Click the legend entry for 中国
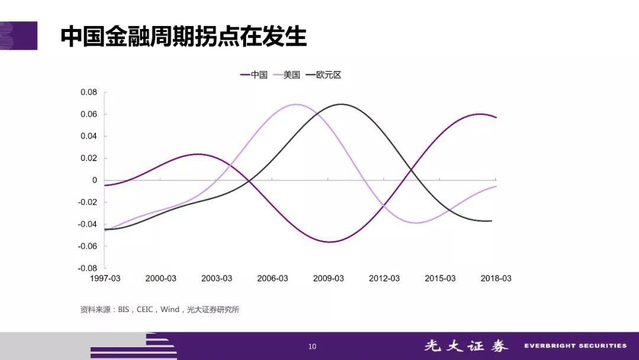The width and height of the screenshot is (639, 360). coord(254,75)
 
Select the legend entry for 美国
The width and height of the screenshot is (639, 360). coord(286,75)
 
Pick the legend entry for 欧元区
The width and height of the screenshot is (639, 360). coord(323,75)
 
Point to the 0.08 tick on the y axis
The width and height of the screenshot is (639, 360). coord(89,92)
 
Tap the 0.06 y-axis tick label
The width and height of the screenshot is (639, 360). coord(89,114)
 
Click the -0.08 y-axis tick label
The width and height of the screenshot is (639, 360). coord(88,268)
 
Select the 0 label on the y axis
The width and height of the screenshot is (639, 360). coord(95,180)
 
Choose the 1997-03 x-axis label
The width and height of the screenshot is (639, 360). coord(105,278)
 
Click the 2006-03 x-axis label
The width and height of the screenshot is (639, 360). coord(273,278)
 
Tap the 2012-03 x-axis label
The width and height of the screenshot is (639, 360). coord(385,278)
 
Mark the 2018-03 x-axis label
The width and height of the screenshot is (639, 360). coord(496,278)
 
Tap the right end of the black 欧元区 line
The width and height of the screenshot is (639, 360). coord(492,221)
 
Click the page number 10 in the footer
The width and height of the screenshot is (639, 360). coord(312,346)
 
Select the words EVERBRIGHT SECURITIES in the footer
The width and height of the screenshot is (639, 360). coord(576,346)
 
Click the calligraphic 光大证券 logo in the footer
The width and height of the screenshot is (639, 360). coord(466,346)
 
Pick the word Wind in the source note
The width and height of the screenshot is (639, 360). coord(170,310)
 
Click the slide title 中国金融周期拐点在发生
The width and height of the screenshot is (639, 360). coord(183,36)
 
